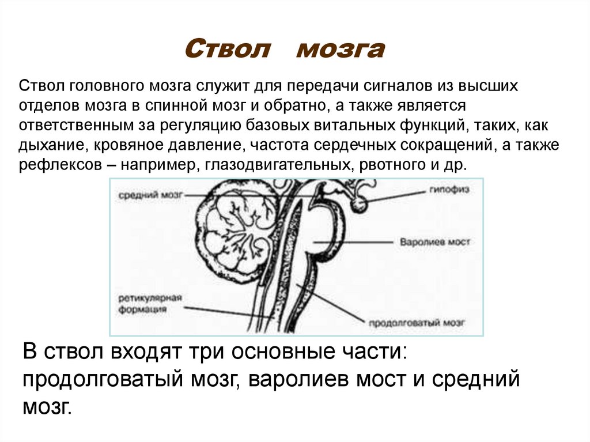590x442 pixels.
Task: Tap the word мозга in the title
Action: click(339, 50)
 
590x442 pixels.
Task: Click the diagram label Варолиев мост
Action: click(434, 241)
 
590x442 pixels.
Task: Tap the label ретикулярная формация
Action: click(150, 304)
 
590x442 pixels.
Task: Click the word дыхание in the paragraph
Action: click(47, 145)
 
